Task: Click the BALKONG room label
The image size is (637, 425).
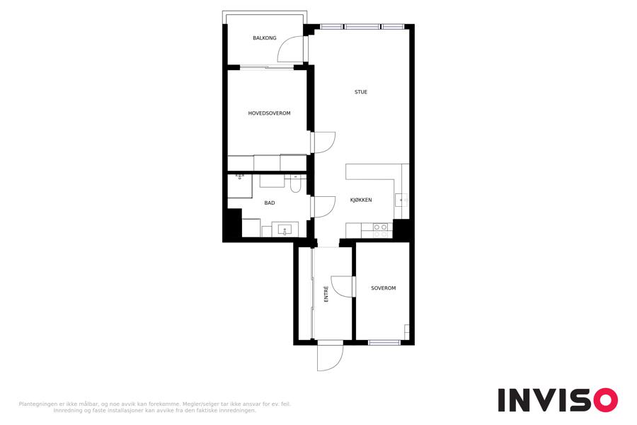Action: (265, 38)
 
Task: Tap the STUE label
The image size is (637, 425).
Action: (361, 92)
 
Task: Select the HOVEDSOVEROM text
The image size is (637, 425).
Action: (270, 113)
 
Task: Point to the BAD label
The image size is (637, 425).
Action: (270, 203)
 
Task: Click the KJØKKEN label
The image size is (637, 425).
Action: (361, 200)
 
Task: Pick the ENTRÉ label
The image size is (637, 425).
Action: (326, 294)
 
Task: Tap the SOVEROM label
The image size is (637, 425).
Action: (383, 288)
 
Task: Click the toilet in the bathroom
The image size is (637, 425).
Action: (295, 184)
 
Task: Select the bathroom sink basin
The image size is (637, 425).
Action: (285, 230)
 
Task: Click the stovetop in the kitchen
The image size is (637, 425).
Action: (381, 231)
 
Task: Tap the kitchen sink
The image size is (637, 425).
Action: (401, 200)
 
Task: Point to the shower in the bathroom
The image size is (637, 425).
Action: (240, 186)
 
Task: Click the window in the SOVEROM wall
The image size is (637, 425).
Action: (384, 342)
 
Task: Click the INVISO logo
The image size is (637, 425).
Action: (558, 399)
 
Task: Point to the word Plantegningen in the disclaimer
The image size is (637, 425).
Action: (38, 404)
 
